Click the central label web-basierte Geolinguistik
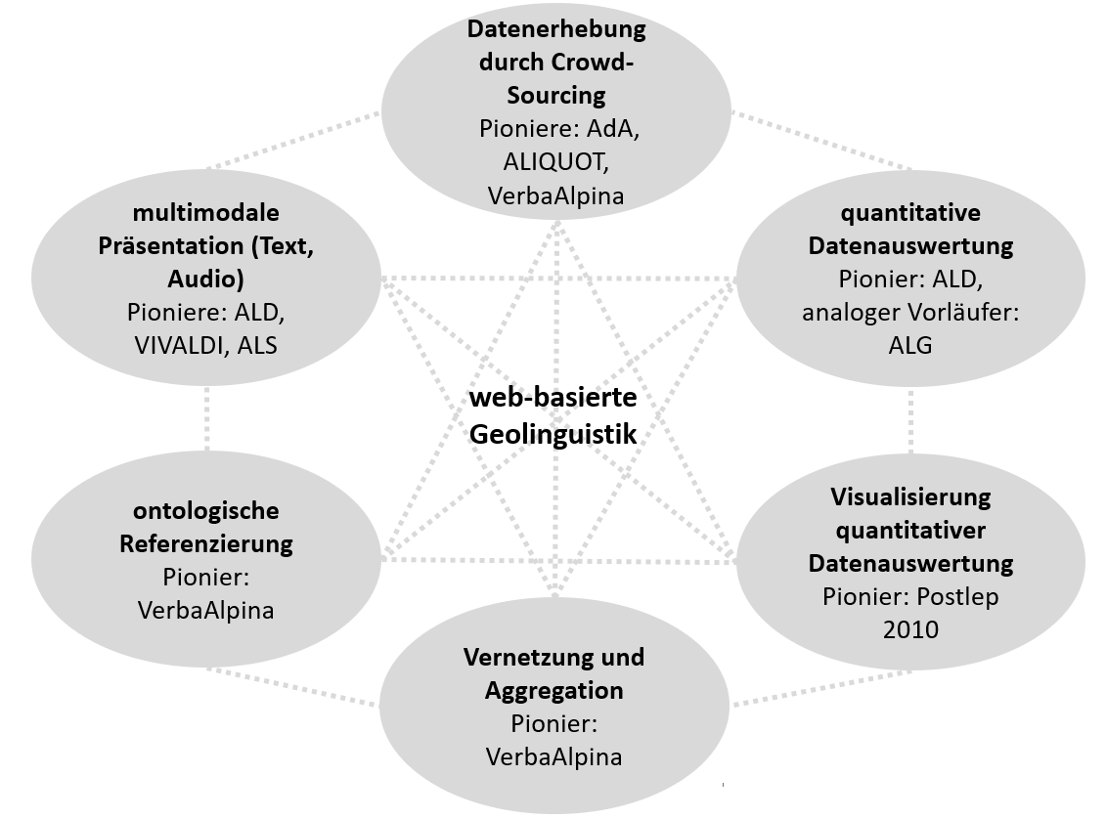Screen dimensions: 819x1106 553,415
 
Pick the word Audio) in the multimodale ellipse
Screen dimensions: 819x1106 205,280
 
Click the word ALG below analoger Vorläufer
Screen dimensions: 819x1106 910,345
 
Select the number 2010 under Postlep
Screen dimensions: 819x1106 909,628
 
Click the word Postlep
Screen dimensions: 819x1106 949,596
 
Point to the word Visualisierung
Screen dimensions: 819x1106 910,497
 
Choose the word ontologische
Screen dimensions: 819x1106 206,511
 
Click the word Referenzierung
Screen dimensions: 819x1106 206,544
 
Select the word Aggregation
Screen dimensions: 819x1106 554,690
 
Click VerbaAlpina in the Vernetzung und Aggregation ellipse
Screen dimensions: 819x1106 554,756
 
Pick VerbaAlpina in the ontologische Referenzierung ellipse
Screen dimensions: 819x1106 206,611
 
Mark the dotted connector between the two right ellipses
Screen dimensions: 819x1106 910,422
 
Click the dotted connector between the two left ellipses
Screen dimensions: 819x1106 206,417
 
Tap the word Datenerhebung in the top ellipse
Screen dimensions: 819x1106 555,29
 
